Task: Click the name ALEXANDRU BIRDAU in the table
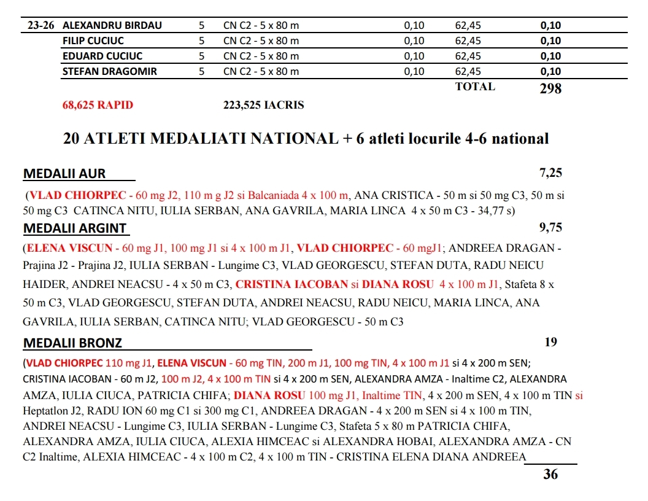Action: point(112,26)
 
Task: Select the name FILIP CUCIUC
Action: point(93,41)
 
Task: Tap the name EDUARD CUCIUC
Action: point(102,56)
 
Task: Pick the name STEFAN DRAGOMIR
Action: point(110,71)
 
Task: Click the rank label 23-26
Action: point(41,26)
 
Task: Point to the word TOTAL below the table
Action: point(475,87)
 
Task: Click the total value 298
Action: point(550,89)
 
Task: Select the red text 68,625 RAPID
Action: point(98,105)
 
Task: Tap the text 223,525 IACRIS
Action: point(263,105)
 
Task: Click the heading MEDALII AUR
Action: point(64,174)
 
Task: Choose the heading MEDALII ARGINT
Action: point(75,229)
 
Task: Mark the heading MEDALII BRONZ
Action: point(72,343)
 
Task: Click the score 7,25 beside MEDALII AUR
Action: point(550,173)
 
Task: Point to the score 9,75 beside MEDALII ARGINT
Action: point(550,228)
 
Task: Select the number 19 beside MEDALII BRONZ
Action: point(551,342)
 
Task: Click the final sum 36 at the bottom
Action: point(550,474)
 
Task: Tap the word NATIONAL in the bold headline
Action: point(286,139)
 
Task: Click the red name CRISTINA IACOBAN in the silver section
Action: point(291,284)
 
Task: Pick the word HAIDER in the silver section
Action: point(42,284)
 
